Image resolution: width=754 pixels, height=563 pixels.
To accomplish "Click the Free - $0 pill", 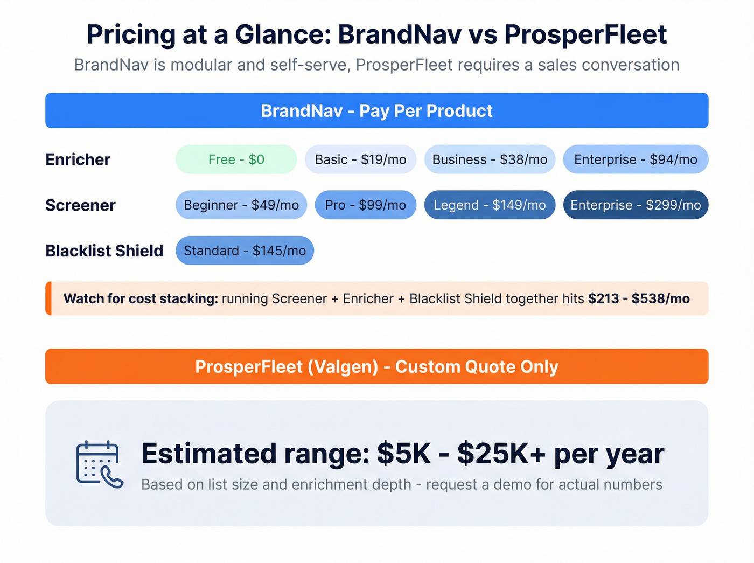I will [x=236, y=159].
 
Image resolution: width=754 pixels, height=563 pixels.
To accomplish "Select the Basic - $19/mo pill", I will [x=360, y=159].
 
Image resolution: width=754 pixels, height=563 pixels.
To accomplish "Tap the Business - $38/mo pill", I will [x=490, y=159].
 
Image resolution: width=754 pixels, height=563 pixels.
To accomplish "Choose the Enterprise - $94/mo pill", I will [x=636, y=159].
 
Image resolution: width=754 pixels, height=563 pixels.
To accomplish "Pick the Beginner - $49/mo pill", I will [x=241, y=205].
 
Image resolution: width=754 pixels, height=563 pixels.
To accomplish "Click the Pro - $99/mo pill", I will [x=365, y=205].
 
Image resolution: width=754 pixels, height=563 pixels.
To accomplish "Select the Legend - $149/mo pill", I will [x=490, y=205].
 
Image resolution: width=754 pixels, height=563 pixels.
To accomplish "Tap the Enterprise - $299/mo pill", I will [x=636, y=205].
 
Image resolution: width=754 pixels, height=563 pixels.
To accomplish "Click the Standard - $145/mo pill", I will [x=245, y=251].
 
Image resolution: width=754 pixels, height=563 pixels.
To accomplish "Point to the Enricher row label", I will [x=78, y=159].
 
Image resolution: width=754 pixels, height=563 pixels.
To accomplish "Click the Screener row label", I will [x=81, y=205].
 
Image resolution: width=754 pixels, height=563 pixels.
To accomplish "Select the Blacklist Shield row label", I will [x=104, y=251].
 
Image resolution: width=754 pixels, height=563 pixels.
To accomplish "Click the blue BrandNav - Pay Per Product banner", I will [x=376, y=110].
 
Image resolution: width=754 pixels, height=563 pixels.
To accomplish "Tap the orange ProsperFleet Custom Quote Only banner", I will [x=376, y=366].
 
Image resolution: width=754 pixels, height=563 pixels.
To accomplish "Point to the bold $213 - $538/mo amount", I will [x=639, y=298].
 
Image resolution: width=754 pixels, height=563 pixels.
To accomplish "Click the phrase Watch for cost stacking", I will [x=141, y=298].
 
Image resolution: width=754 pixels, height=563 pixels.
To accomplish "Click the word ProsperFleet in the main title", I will [x=585, y=34].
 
